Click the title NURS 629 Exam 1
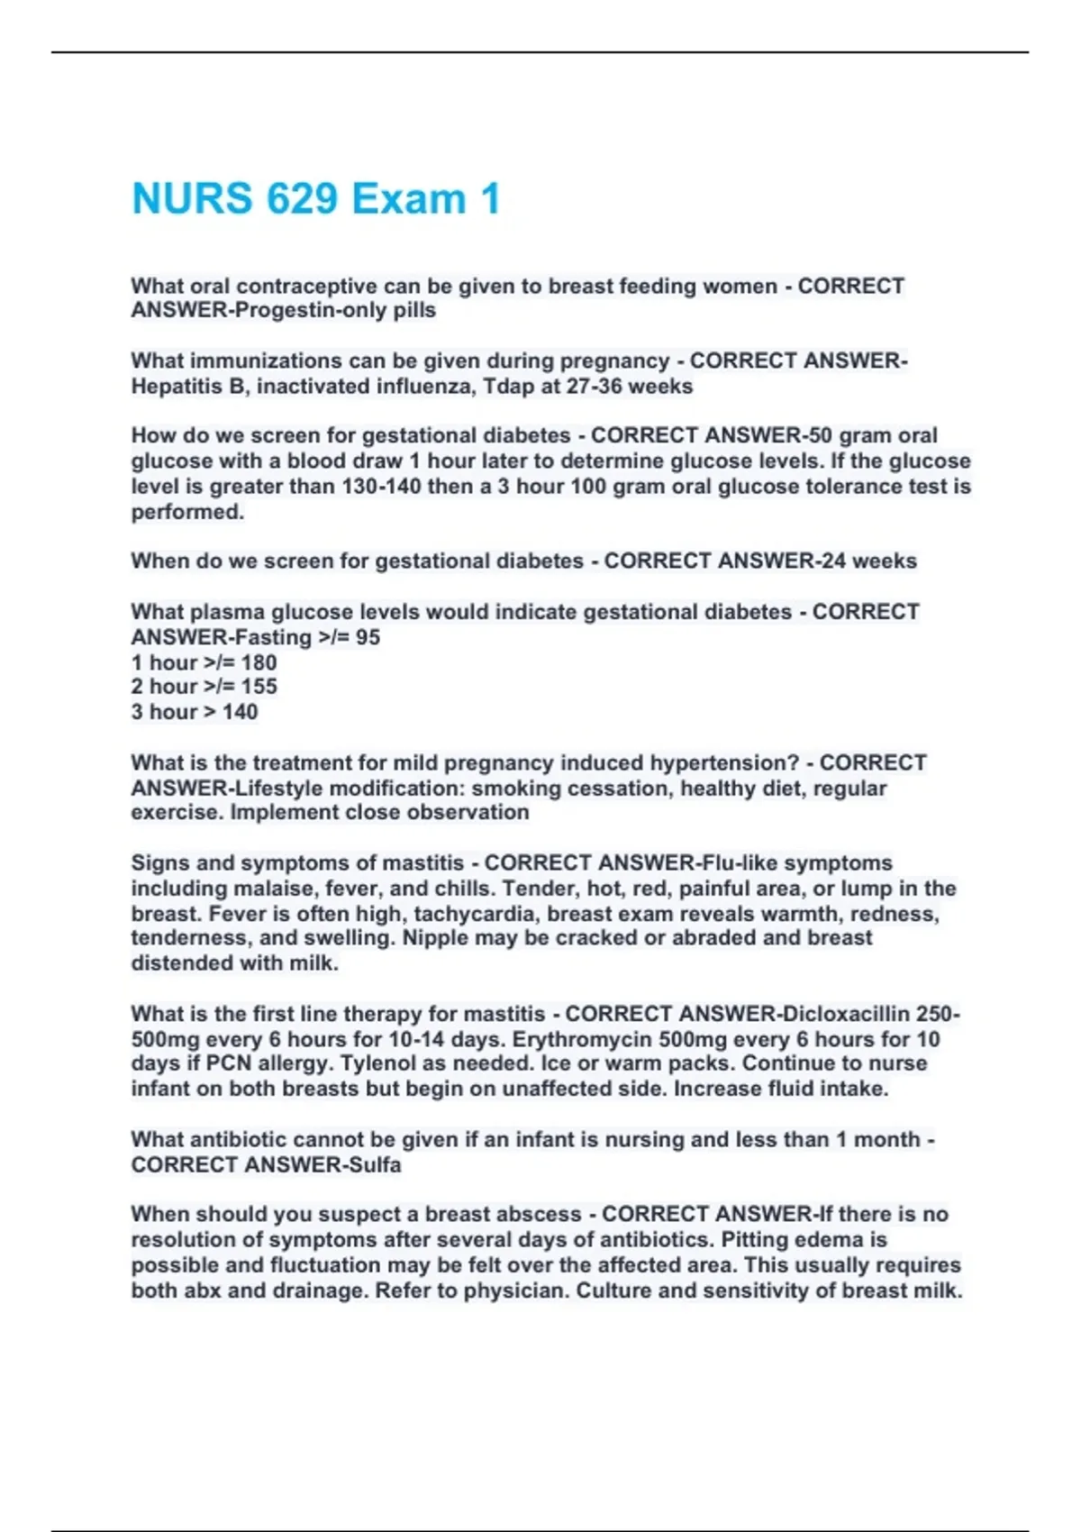(315, 199)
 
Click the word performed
(186, 512)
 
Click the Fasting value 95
(368, 637)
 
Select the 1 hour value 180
(259, 662)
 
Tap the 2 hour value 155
(259, 687)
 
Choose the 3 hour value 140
(240, 712)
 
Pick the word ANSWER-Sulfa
(322, 1165)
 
